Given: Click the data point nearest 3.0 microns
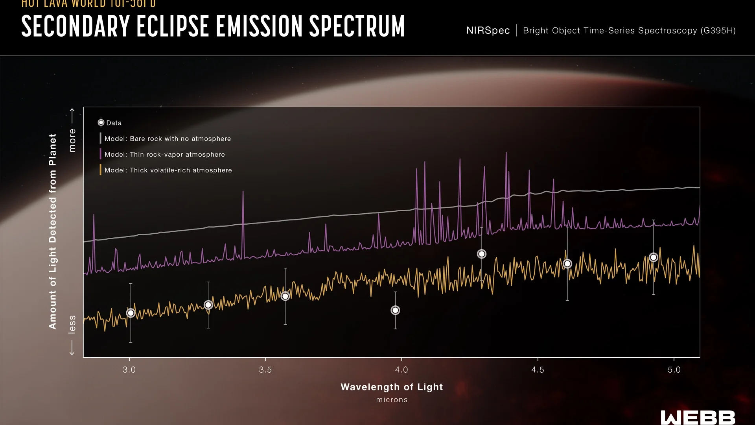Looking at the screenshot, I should [x=131, y=313].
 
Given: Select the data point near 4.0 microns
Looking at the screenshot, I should [x=395, y=310].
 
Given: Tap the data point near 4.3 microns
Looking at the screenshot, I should [x=481, y=254].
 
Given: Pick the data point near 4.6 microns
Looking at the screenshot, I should [x=567, y=264].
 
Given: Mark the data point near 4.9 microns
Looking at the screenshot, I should [x=654, y=257].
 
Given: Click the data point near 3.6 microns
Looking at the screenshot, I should [x=285, y=296].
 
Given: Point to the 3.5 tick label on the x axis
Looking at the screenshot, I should [x=265, y=370].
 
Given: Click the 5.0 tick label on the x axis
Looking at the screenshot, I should [x=674, y=370].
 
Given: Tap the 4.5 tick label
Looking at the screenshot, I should [x=538, y=370].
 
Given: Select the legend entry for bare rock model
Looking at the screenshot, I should [x=168, y=139].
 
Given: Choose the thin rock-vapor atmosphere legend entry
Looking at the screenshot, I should [x=164, y=155].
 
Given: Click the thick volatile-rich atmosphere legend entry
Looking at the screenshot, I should [x=168, y=170].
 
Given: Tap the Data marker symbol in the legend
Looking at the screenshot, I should [x=101, y=123].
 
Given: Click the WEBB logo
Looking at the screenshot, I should [x=698, y=418].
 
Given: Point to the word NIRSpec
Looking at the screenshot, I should [x=488, y=31].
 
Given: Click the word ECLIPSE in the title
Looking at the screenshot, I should [x=173, y=27].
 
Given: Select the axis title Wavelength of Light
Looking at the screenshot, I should [x=392, y=387].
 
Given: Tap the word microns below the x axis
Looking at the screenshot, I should [x=392, y=400].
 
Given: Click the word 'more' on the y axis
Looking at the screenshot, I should [x=72, y=140].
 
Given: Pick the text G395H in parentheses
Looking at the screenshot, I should [x=718, y=31].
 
